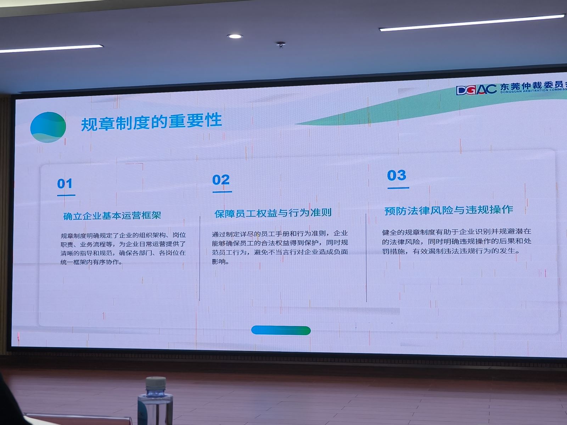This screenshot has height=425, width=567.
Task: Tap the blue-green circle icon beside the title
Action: tap(48, 127)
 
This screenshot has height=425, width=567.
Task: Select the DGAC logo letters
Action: tap(476, 90)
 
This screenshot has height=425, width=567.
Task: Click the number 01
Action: tap(64, 184)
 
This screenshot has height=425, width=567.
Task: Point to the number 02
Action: tap(221, 180)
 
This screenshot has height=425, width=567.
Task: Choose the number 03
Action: tap(397, 175)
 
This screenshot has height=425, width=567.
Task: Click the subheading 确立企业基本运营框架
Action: tap(112, 215)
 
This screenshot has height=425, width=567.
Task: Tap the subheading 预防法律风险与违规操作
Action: tap(449, 210)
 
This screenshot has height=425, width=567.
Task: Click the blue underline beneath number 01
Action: tap(66, 195)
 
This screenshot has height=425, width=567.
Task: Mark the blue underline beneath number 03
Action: tap(398, 188)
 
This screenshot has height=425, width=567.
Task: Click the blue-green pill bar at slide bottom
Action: tap(281, 330)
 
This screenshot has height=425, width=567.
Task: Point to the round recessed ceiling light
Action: tap(235, 36)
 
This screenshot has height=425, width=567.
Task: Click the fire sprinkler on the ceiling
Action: tap(281, 45)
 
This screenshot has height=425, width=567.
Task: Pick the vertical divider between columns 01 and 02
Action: tap(200, 258)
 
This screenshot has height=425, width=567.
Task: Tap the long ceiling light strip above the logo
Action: tap(472, 23)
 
